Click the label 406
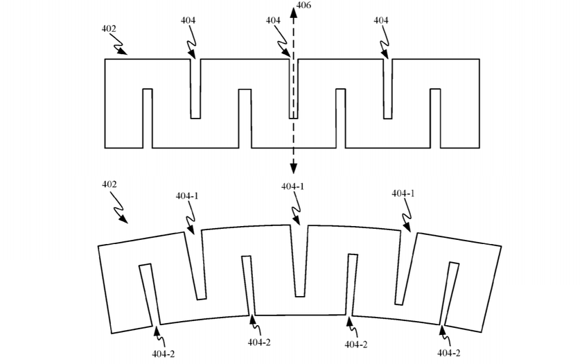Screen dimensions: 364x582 click(303, 6)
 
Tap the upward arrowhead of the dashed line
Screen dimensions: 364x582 click(294, 8)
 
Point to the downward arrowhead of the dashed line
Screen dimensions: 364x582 click(294, 168)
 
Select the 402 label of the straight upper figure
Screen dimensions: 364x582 click(109, 30)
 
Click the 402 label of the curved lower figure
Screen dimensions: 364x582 click(109, 184)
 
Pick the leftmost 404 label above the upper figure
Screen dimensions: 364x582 click(188, 21)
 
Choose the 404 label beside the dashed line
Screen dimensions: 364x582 click(273, 21)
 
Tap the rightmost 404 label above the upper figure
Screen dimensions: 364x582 click(380, 21)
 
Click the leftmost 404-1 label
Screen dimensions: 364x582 click(187, 196)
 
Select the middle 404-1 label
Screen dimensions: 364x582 click(292, 187)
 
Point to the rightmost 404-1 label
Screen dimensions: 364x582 click(403, 193)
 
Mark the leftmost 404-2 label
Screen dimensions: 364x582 click(164, 354)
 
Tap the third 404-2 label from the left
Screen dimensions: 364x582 click(356, 345)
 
